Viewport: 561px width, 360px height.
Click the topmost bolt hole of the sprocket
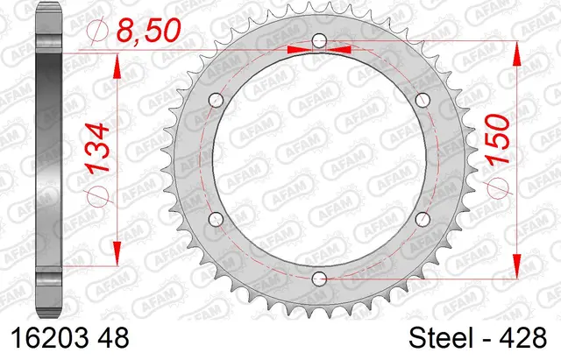[319, 41]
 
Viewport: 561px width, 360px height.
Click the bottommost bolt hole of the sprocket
[319, 279]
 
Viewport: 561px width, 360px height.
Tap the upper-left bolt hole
[217, 100]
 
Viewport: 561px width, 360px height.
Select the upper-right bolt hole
[423, 100]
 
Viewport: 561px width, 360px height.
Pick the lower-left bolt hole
[217, 219]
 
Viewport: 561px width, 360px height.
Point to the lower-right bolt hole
[423, 219]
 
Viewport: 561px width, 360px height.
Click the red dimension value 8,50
[149, 30]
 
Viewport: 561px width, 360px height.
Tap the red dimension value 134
[97, 149]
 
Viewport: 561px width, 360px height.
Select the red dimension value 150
[498, 139]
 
